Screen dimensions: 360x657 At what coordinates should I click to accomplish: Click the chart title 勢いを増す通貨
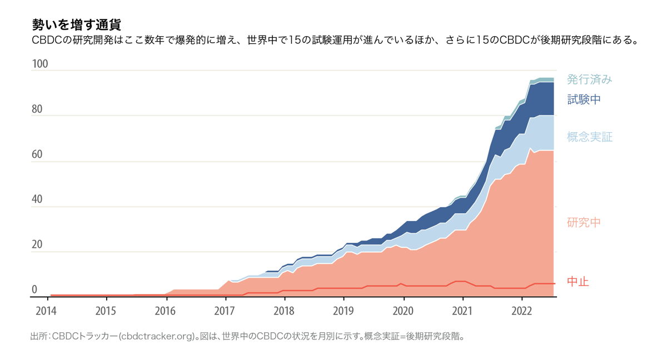[x=76, y=25]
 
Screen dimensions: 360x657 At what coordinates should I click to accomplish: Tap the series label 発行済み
[x=589, y=79]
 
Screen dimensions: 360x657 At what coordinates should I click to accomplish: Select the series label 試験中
[x=583, y=99]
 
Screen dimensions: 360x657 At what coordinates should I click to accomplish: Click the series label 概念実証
[x=589, y=137]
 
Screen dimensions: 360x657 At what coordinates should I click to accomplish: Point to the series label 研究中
[x=583, y=223]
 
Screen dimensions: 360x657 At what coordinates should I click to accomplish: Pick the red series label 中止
[x=578, y=282]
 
